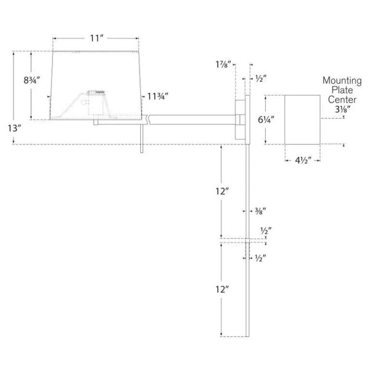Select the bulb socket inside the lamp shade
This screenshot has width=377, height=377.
pyautogui.click(x=97, y=95)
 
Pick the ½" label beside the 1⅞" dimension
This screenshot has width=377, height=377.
pyautogui.click(x=259, y=78)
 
